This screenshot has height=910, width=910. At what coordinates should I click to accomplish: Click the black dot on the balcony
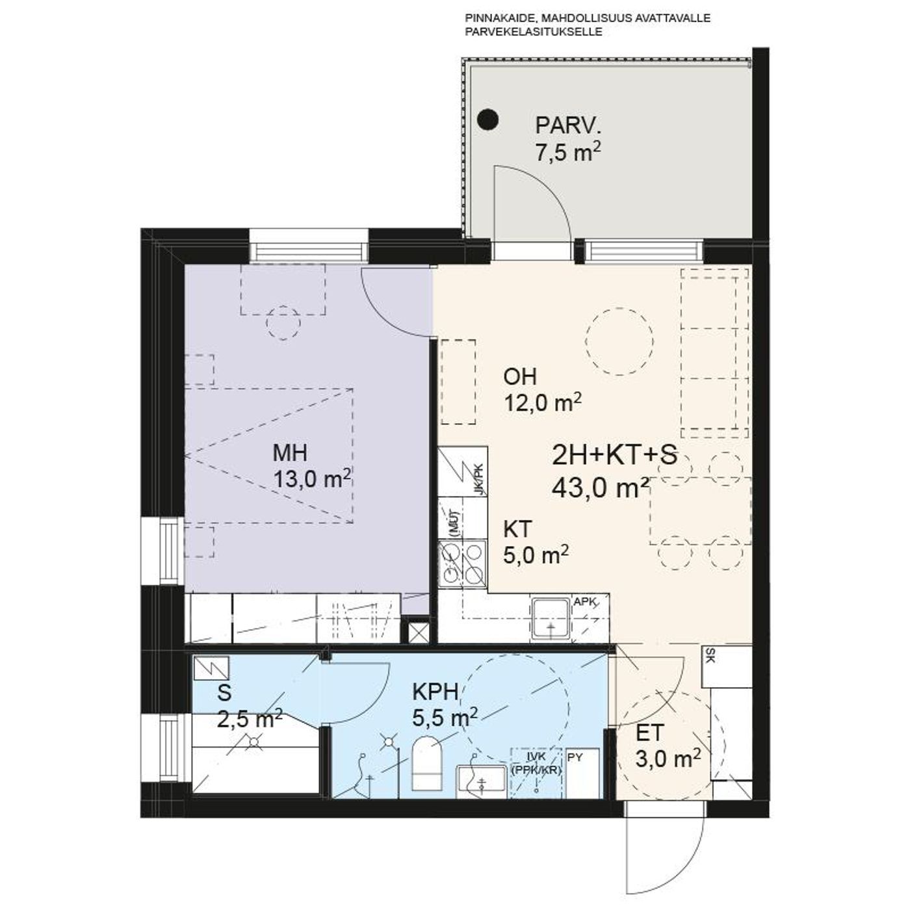tap(487, 120)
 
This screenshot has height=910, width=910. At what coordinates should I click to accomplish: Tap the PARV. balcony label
tap(569, 127)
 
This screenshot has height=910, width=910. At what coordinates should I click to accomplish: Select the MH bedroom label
tap(289, 453)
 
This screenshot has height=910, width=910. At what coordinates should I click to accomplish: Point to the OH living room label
tap(520, 377)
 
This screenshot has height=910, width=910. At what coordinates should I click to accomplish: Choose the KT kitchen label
tap(518, 529)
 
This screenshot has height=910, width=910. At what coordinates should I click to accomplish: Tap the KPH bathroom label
tap(435, 692)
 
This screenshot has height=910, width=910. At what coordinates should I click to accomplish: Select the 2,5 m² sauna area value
tap(250, 719)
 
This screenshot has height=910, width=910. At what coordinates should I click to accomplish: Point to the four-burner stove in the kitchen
tap(462, 564)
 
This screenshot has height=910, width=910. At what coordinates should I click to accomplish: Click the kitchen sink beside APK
tap(551, 619)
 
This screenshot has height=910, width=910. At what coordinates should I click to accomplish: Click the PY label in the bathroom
tap(575, 757)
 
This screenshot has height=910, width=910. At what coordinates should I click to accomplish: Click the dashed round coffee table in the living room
tap(619, 341)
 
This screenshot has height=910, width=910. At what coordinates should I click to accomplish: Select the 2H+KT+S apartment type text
tap(614, 456)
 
